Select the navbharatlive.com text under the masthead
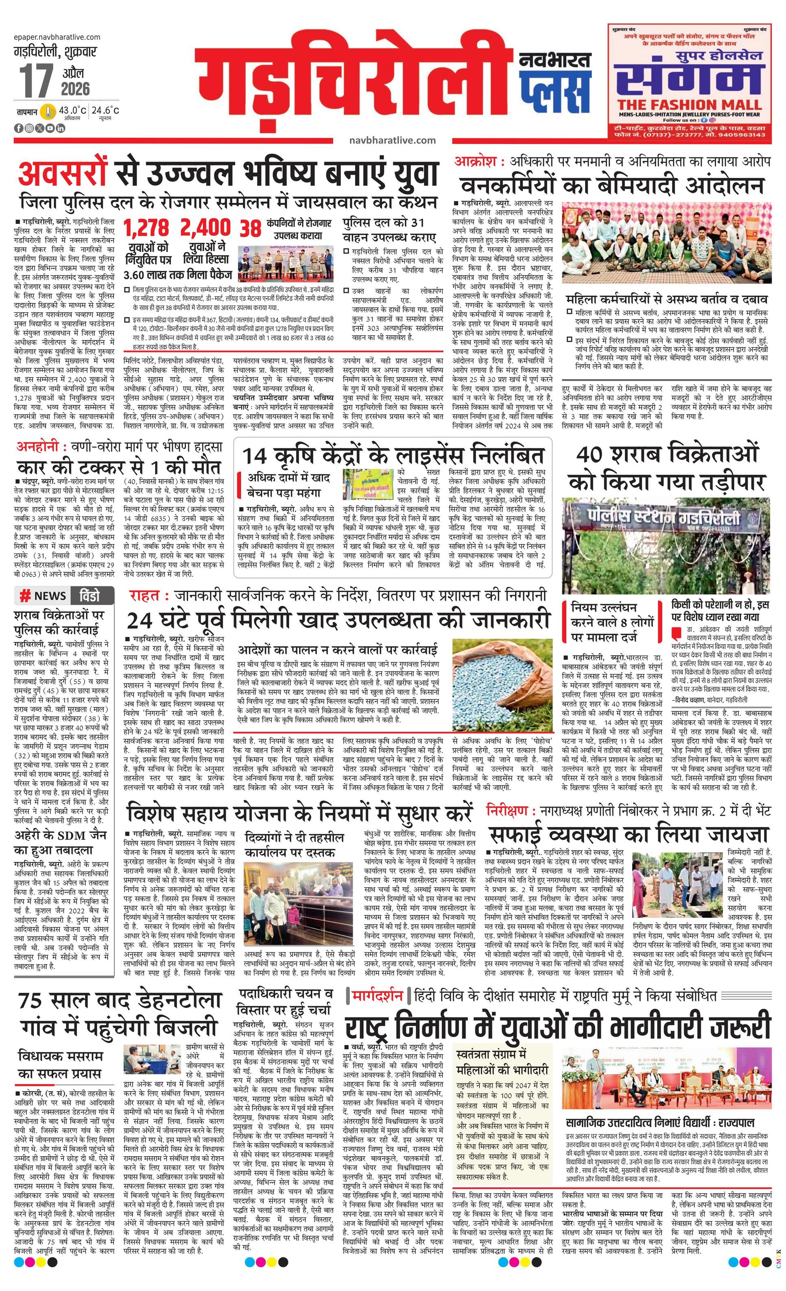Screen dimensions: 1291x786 392,140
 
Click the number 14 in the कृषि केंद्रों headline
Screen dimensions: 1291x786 255,455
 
